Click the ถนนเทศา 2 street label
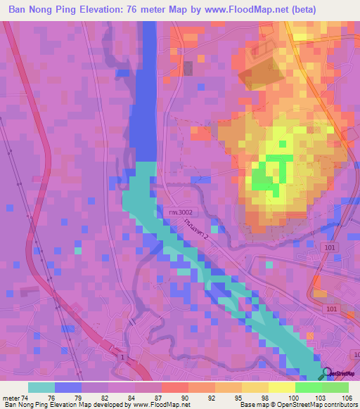[195, 228]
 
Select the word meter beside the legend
[11, 398]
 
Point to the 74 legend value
[26, 398]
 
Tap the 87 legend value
[160, 398]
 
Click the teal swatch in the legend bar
[41, 387]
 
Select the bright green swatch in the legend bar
[309, 387]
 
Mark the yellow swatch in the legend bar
[282, 387]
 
